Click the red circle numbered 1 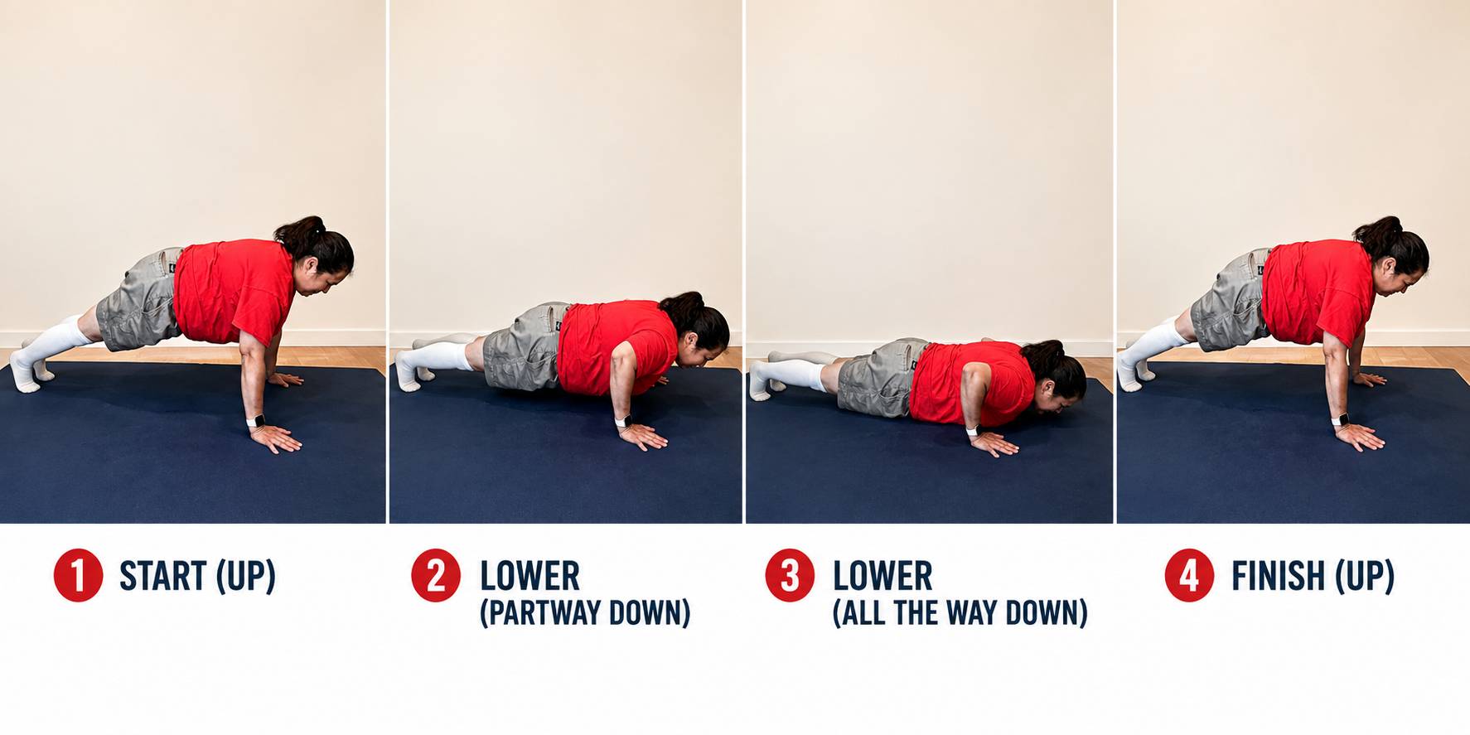point(78,576)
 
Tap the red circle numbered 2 point(436,575)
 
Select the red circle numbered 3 point(790,575)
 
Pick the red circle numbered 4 point(1189,575)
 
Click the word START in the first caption point(163,576)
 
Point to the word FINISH point(1278,576)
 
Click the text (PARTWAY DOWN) point(585,613)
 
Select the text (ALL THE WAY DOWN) point(960,613)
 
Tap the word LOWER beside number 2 point(529,576)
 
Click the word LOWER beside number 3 point(882,576)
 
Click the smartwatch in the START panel point(255,421)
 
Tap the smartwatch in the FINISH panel point(1340,419)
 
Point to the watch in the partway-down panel point(623,420)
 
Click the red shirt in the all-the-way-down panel point(970,383)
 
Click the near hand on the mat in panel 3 point(994,444)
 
